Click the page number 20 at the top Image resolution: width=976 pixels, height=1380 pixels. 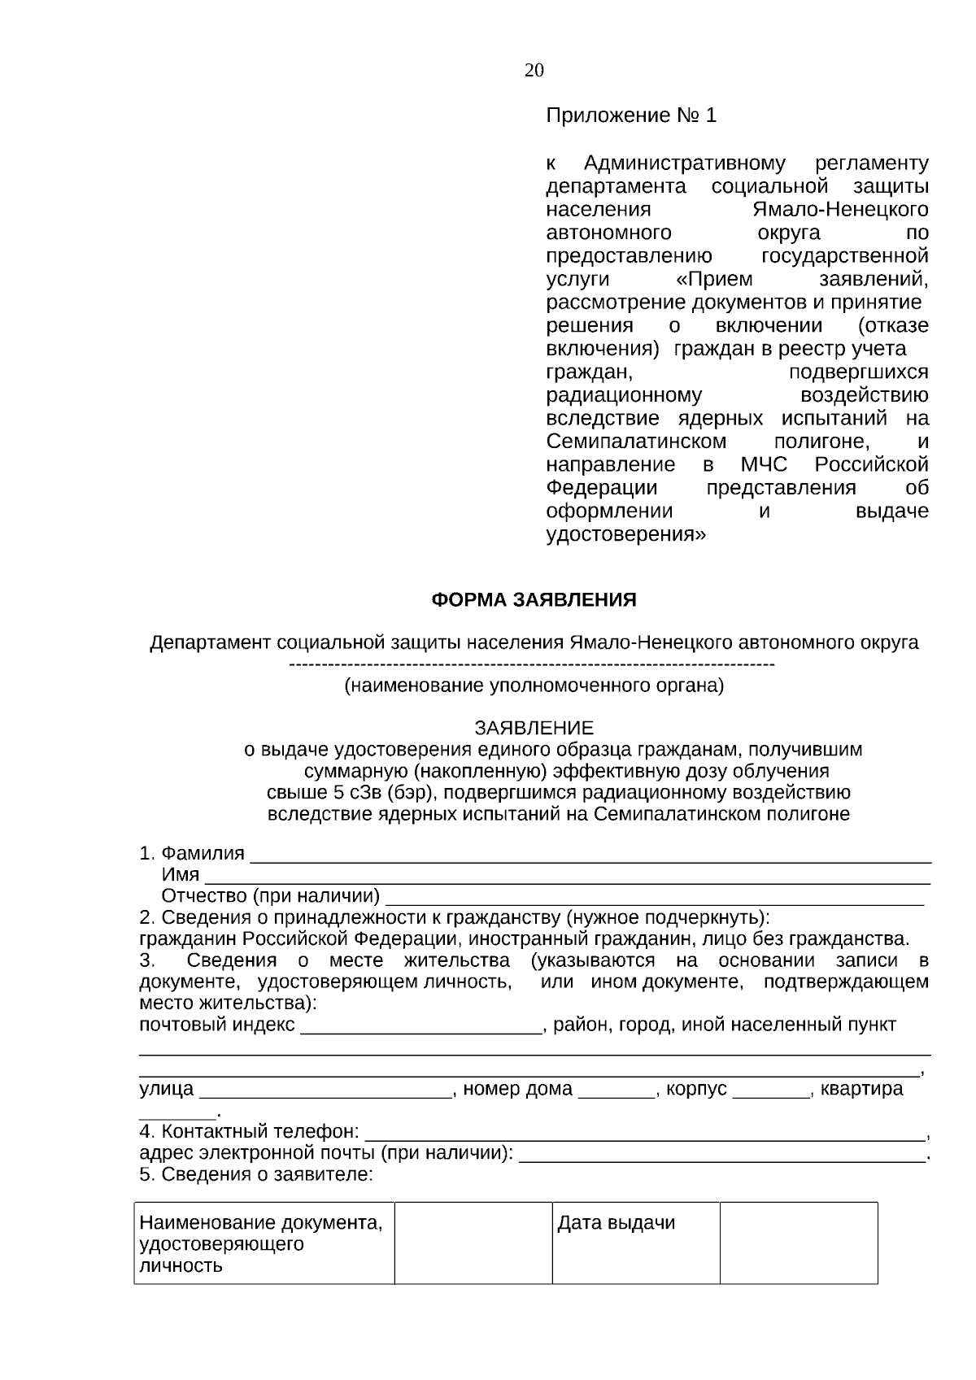(x=534, y=71)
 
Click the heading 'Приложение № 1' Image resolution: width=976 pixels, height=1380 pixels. (x=631, y=115)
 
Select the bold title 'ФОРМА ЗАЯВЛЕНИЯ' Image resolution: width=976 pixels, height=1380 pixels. (x=534, y=600)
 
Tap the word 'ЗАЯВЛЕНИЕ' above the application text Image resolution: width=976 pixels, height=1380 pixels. (x=534, y=727)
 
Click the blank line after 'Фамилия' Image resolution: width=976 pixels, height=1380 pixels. (x=590, y=855)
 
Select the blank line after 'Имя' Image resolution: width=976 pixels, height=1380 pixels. (x=567, y=877)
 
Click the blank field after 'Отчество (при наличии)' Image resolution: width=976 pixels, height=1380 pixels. (x=654, y=898)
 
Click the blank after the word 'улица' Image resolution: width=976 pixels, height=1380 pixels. (x=325, y=1091)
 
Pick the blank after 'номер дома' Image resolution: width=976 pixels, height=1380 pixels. (x=617, y=1091)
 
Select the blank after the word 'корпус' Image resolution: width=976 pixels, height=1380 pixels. (x=771, y=1091)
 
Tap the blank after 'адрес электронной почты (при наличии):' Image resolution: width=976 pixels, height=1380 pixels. (x=721, y=1155)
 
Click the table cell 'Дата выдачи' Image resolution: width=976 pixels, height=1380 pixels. (x=617, y=1223)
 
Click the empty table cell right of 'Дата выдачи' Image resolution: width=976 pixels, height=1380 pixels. (x=798, y=1243)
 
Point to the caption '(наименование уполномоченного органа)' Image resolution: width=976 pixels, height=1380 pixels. (x=534, y=686)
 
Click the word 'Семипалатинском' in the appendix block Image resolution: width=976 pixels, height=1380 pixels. (x=636, y=442)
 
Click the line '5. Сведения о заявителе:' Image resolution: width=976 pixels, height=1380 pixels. (x=256, y=1174)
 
